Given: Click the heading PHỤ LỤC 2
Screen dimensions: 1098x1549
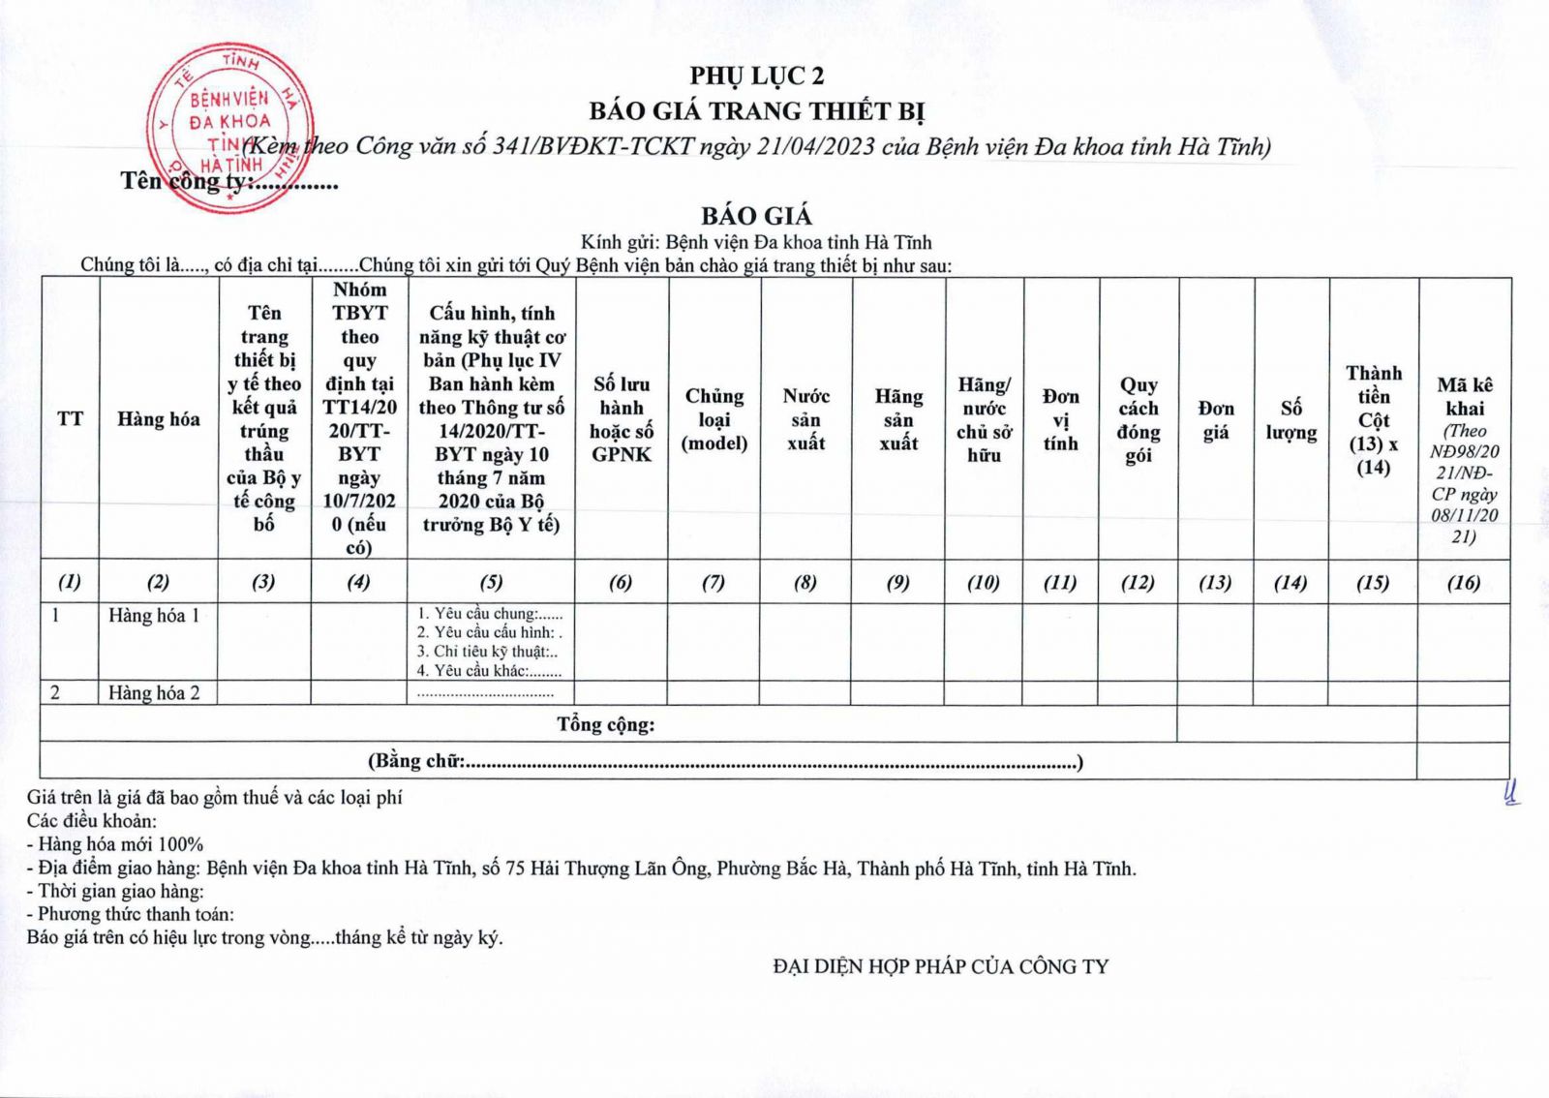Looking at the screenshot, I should [756, 76].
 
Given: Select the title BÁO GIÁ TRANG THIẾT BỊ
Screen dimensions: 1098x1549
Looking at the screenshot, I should [756, 111].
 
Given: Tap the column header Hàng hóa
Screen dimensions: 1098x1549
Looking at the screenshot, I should [159, 419].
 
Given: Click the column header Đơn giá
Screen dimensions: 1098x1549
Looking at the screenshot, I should [1216, 420].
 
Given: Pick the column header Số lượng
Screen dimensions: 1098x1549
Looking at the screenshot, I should [1291, 420].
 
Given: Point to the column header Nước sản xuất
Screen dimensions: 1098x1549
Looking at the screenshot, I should [805, 419].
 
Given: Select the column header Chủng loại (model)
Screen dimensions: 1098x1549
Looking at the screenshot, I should [714, 419].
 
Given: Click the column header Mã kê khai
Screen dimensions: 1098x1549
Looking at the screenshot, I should [1465, 397].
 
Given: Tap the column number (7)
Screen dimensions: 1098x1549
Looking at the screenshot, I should [714, 583].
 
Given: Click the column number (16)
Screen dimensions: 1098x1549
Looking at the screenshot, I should [1464, 583].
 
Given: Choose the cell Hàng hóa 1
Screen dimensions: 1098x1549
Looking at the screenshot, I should [154, 616].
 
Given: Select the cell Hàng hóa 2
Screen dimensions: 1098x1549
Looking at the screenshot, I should [154, 693].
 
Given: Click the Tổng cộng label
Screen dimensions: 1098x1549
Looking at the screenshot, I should [606, 724].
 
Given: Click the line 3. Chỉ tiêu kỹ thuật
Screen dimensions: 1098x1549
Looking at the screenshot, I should [487, 652].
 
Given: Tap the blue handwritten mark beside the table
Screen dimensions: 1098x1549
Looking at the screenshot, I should [1510, 793].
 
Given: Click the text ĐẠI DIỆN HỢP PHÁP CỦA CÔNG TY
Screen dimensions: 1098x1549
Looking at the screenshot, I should [941, 966].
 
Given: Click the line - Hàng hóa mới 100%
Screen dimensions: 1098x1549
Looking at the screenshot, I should [115, 844].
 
